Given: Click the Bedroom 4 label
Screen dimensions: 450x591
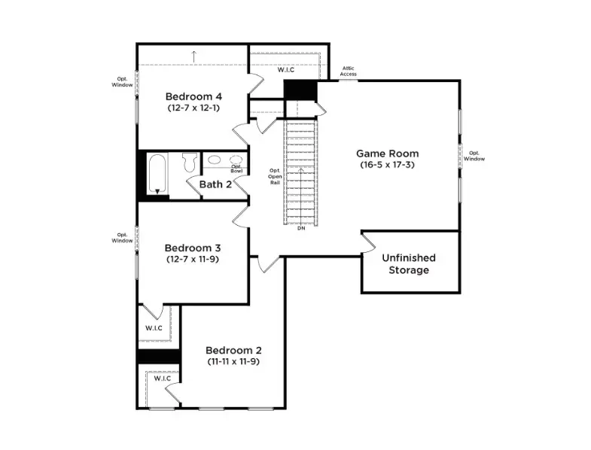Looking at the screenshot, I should pos(193,96).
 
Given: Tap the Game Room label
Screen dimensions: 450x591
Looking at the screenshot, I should pos(388,154).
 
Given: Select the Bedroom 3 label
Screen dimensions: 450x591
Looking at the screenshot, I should pos(193,248).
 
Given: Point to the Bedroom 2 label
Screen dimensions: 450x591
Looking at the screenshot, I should pos(233,351).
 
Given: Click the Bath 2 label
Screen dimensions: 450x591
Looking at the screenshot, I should pos(215,184).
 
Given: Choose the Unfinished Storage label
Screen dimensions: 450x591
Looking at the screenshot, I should pos(409,263).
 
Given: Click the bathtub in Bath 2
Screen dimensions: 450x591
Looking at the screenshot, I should pos(158,175).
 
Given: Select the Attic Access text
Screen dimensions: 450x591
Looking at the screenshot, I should pos(349,71).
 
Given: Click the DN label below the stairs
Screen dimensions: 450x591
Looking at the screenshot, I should pos(300,228).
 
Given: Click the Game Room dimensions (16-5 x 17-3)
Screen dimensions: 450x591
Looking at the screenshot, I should pos(388,164).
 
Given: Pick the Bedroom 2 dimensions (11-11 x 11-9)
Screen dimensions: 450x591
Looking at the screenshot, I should pos(233,361).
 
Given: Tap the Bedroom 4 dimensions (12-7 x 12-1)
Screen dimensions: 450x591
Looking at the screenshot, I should pos(193,108).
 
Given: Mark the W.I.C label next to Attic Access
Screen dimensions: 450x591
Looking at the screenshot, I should pos(285,70).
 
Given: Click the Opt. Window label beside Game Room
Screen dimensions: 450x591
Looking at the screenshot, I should pos(474,156).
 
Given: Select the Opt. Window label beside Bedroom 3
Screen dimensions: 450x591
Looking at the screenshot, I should pos(122,237).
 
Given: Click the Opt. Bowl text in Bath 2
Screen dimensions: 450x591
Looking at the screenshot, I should pos(236,169).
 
